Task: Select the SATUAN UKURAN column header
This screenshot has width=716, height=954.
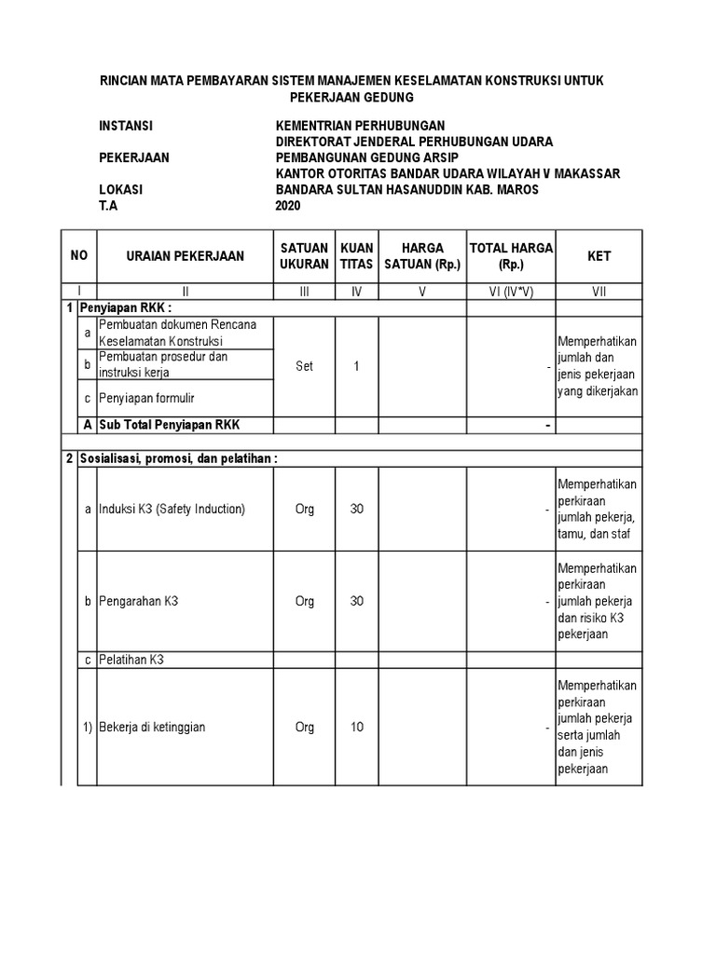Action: (304, 255)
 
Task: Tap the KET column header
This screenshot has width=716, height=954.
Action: (599, 255)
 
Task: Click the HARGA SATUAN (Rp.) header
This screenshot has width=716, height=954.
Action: (422, 255)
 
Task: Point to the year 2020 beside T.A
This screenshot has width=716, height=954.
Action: (289, 207)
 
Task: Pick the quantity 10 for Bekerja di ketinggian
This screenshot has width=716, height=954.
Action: (356, 727)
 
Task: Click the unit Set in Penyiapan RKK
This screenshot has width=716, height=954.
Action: (304, 366)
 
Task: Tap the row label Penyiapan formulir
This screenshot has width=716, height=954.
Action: (148, 398)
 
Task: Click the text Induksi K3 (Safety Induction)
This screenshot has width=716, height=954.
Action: (172, 509)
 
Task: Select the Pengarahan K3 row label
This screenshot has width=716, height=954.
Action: (139, 601)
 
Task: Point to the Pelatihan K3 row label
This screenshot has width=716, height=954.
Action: (131, 660)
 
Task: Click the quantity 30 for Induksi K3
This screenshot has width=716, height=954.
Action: (356, 509)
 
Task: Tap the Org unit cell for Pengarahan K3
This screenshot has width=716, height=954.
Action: (304, 601)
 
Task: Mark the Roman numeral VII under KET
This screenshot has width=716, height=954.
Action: (599, 292)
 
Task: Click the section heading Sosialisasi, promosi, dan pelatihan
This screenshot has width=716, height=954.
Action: (185, 458)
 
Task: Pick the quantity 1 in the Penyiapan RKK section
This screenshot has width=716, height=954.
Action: (356, 366)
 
